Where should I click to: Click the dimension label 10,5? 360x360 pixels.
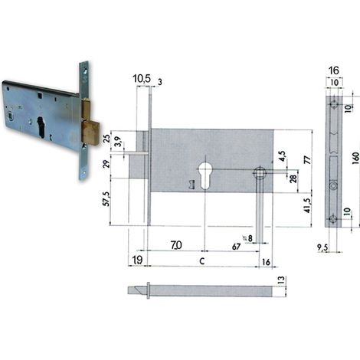tap(142, 79)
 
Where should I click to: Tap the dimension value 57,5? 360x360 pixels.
tap(106, 199)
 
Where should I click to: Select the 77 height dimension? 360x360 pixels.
tap(308, 160)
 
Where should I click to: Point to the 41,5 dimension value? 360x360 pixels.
tap(308, 205)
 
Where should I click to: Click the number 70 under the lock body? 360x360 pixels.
tap(176, 245)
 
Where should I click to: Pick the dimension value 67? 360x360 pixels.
tap(237, 247)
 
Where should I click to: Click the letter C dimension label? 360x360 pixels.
tap(201, 261)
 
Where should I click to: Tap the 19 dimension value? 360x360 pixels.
tap(137, 260)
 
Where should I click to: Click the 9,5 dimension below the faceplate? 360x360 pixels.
tap(322, 247)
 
